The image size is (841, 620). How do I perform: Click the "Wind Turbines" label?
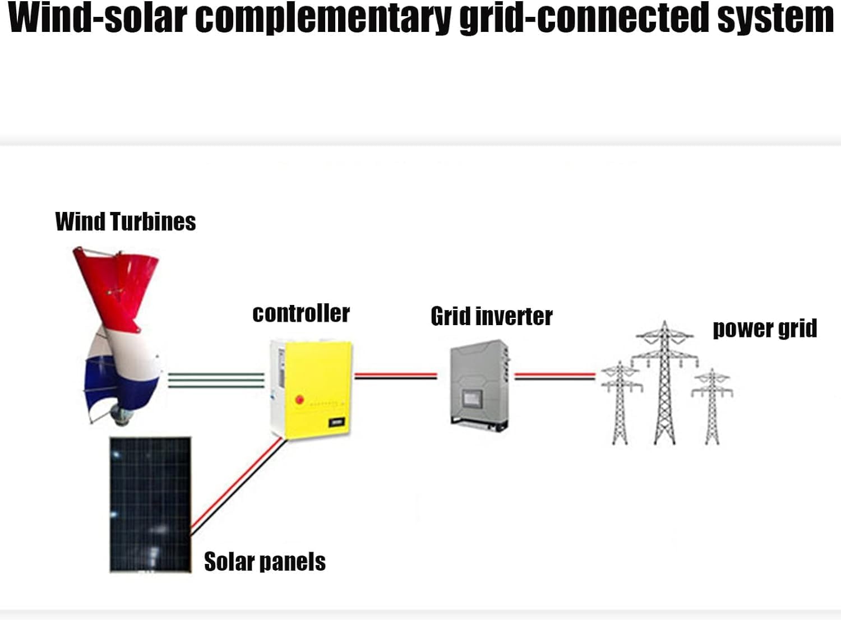126,221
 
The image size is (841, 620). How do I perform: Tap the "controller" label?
301,313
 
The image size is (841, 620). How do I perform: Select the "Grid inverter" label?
492,317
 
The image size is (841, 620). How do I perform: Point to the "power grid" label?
765,328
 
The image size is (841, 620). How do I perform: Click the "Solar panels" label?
265,562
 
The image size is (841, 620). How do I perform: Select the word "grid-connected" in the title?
584,18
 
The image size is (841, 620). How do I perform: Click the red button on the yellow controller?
299,400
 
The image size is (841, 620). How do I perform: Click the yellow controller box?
314,387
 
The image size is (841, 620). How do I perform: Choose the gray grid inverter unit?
479,384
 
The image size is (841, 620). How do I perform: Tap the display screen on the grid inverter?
470,399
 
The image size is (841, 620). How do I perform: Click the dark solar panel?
150,505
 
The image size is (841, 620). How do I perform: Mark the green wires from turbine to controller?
216,380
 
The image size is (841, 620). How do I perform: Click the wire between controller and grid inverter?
395,376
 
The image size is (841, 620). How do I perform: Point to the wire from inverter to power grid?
554,376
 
